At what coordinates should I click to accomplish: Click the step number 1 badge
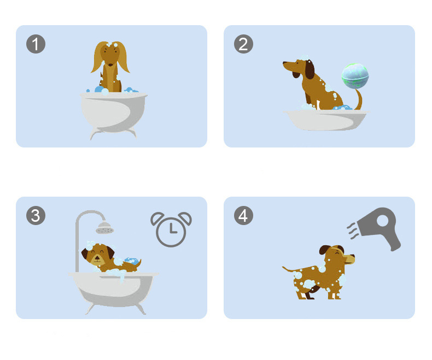tap(36, 44)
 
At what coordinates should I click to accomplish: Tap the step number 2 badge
tap(243, 44)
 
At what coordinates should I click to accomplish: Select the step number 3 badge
tap(36, 215)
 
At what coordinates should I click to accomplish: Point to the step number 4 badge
tap(243, 215)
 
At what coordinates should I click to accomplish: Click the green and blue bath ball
tap(355, 76)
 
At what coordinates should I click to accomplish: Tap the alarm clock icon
tap(171, 229)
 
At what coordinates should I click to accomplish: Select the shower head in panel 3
tap(104, 228)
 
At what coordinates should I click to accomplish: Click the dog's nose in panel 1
tap(110, 64)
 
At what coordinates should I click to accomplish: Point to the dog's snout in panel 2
tap(288, 66)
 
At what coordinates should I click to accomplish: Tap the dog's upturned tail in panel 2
tap(358, 99)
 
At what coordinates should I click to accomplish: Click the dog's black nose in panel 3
tap(97, 258)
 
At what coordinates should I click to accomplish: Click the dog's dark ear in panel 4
tap(325, 250)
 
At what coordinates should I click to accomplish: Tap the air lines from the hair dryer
tap(353, 231)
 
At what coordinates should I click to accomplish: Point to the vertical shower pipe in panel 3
tap(77, 245)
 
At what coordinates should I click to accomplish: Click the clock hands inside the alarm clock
tap(172, 229)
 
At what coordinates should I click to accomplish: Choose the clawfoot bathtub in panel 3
tap(114, 292)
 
